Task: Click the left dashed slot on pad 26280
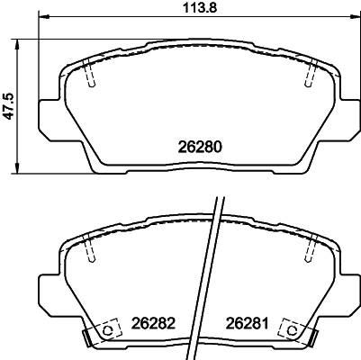click(x=90, y=76)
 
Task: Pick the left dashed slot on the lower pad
click(x=90, y=249)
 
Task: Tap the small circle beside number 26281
click(x=291, y=331)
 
